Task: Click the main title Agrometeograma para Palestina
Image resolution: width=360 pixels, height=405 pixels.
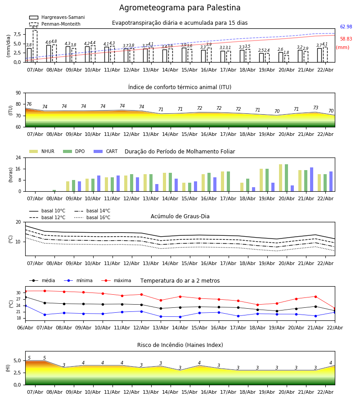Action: point(180,8)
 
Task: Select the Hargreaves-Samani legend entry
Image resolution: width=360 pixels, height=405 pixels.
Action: point(57,18)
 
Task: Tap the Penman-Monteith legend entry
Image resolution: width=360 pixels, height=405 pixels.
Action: point(54,24)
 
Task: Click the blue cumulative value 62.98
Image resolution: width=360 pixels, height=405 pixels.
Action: point(346,27)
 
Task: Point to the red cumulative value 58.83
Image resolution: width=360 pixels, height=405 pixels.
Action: point(346,39)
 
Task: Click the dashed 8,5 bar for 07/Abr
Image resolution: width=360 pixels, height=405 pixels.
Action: point(35,45)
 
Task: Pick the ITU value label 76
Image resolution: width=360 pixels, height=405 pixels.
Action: point(29,104)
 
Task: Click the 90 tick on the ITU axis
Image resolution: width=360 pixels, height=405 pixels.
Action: point(18,93)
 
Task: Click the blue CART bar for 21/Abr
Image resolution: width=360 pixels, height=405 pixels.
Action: point(311,179)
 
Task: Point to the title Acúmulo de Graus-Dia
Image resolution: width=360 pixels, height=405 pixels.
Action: point(180,217)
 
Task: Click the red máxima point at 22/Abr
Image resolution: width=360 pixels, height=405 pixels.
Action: point(334,308)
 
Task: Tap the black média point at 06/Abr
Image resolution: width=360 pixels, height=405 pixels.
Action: point(25,297)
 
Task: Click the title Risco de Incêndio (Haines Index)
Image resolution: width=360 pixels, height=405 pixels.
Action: point(180,345)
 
